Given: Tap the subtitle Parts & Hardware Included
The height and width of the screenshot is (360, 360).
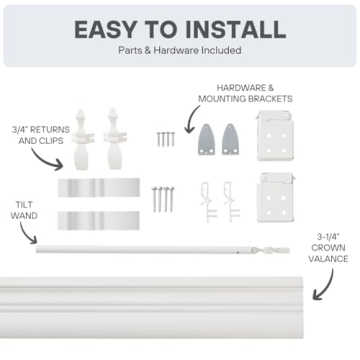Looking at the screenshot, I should (179, 51).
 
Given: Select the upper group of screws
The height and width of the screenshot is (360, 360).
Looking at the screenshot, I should (164, 137).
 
